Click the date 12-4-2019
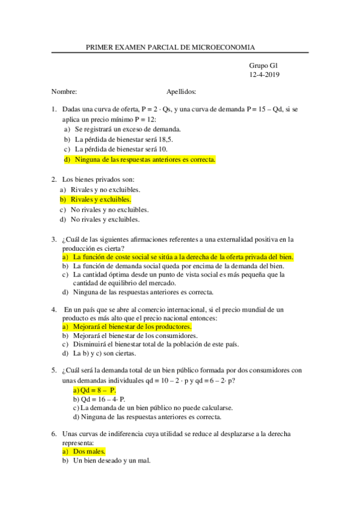point(264,75)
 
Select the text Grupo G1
point(264,65)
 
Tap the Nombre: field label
point(64,92)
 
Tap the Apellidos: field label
point(181,92)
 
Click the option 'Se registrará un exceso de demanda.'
point(128,129)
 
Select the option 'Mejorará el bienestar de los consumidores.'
point(135,335)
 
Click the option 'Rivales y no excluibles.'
point(105,189)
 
